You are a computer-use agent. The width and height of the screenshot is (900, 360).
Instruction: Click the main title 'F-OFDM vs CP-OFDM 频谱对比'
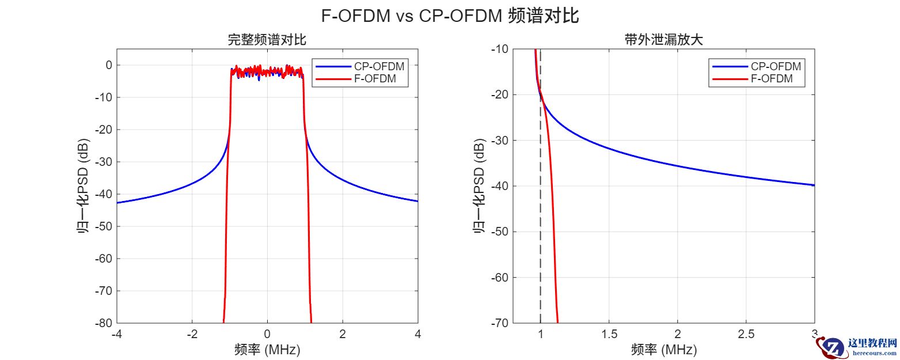(450, 16)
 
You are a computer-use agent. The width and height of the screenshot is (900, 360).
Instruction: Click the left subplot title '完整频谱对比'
(267, 40)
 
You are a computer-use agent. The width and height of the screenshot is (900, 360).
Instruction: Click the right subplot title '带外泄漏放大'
(664, 40)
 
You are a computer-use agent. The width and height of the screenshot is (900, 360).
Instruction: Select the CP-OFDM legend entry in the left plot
(371, 67)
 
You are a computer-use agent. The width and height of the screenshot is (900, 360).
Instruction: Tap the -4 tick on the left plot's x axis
(116, 334)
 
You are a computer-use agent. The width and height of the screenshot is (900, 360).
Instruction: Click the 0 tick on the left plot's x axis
(267, 334)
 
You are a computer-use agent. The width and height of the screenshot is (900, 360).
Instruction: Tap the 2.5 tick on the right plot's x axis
(746, 334)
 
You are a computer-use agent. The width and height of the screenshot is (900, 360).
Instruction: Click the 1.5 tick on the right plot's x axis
(609, 334)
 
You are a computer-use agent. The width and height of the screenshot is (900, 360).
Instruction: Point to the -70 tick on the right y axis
(498, 323)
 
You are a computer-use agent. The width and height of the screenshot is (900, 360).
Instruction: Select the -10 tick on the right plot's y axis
(498, 49)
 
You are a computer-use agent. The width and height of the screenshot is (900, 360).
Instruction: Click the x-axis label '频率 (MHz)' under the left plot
(267, 349)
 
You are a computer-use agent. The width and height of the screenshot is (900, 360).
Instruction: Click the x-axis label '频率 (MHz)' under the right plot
(664, 349)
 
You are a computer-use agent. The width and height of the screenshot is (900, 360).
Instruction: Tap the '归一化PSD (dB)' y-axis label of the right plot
(479, 186)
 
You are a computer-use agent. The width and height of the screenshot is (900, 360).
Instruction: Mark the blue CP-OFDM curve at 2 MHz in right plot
(677, 166)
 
